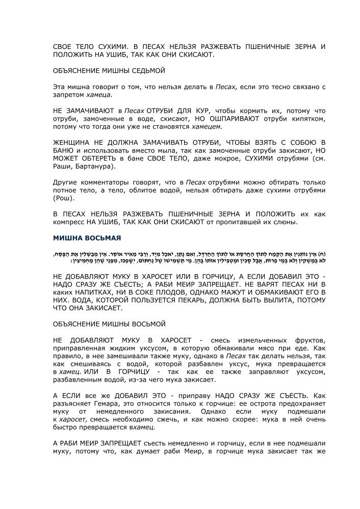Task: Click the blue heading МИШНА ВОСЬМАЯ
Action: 87,238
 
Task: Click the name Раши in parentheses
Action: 64,167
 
